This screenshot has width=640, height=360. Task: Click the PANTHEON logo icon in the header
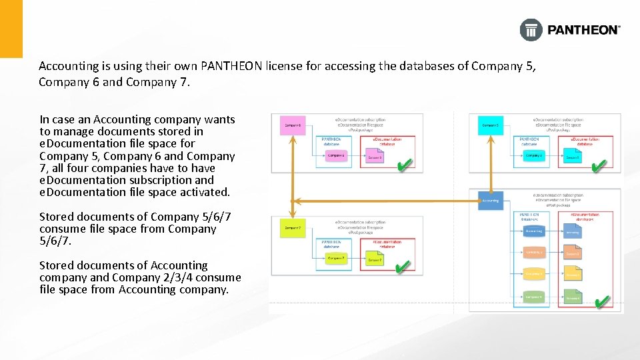pos(531,30)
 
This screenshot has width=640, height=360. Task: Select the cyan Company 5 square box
pos(491,125)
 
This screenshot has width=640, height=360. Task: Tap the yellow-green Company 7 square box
pos(293,228)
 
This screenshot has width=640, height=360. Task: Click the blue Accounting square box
pos(490,200)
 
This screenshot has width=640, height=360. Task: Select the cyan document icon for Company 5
pos(573,156)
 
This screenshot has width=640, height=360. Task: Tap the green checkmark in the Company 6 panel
pos(403,164)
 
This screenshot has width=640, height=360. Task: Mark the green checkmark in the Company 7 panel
pos(402,268)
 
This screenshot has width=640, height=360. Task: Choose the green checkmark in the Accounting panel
pos(601,302)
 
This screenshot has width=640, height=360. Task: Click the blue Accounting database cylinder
pos(533,231)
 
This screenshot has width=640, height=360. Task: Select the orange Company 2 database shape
pos(533,253)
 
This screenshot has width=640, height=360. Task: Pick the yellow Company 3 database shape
pos(533,274)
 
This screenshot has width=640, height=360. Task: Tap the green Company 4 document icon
pos(573,297)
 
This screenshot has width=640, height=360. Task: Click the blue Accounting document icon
pos(573,231)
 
